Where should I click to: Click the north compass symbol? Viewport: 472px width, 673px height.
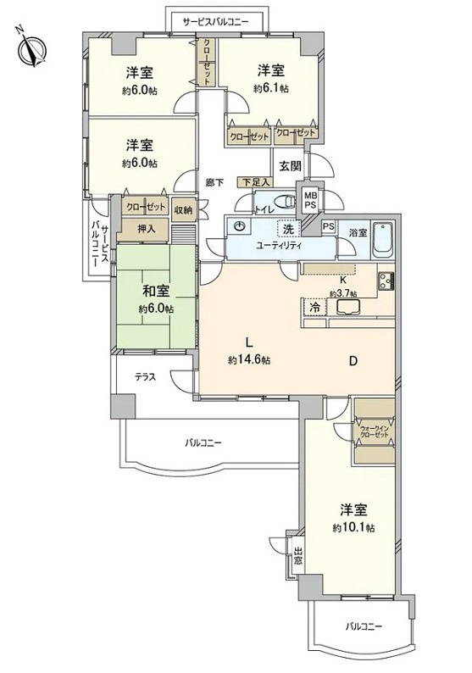[31, 46]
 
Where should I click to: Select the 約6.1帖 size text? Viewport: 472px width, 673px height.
[271, 87]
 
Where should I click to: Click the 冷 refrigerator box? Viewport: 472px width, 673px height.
[313, 308]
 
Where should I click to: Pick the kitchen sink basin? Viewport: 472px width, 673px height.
[349, 307]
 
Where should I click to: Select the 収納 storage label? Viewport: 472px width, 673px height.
[183, 210]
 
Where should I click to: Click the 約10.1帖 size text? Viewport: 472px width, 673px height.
[354, 527]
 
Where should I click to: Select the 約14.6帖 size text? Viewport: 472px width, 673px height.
[249, 359]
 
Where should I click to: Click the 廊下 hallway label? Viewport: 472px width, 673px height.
[214, 181]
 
